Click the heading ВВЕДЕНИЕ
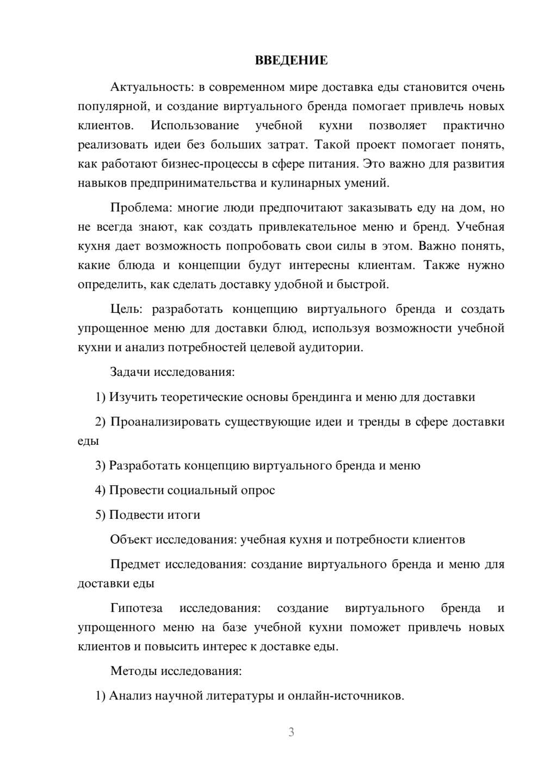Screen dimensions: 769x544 click(291, 60)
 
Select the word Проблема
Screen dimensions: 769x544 click(140, 208)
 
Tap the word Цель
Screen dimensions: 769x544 click(126, 309)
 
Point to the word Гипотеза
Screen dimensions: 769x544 click(137, 608)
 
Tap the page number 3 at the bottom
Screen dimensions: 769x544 click(291, 732)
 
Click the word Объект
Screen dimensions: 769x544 click(131, 539)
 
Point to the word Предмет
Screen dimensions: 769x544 click(135, 564)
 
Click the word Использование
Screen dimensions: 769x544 click(195, 126)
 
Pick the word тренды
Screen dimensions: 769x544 click(379, 421)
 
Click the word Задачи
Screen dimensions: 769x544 click(130, 372)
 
